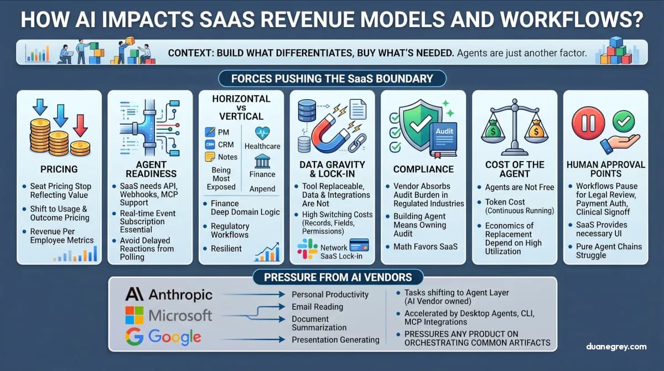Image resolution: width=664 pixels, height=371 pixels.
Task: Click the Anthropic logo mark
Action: (x=135, y=293)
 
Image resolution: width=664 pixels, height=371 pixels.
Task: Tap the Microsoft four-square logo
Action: (x=135, y=315)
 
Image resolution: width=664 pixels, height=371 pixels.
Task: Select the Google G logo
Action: (x=134, y=336)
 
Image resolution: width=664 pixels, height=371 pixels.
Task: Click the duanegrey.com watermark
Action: (x=616, y=347)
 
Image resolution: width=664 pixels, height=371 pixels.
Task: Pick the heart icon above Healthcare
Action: (x=263, y=132)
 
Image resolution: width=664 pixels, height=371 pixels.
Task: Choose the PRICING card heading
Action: (x=59, y=169)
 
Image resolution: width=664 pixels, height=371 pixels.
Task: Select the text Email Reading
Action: (x=317, y=307)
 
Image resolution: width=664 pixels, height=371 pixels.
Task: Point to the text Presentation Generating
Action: (x=335, y=339)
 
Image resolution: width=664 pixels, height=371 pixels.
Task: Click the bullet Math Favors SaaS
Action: (x=426, y=246)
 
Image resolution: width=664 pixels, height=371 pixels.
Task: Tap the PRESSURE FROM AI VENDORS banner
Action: (x=331, y=277)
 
